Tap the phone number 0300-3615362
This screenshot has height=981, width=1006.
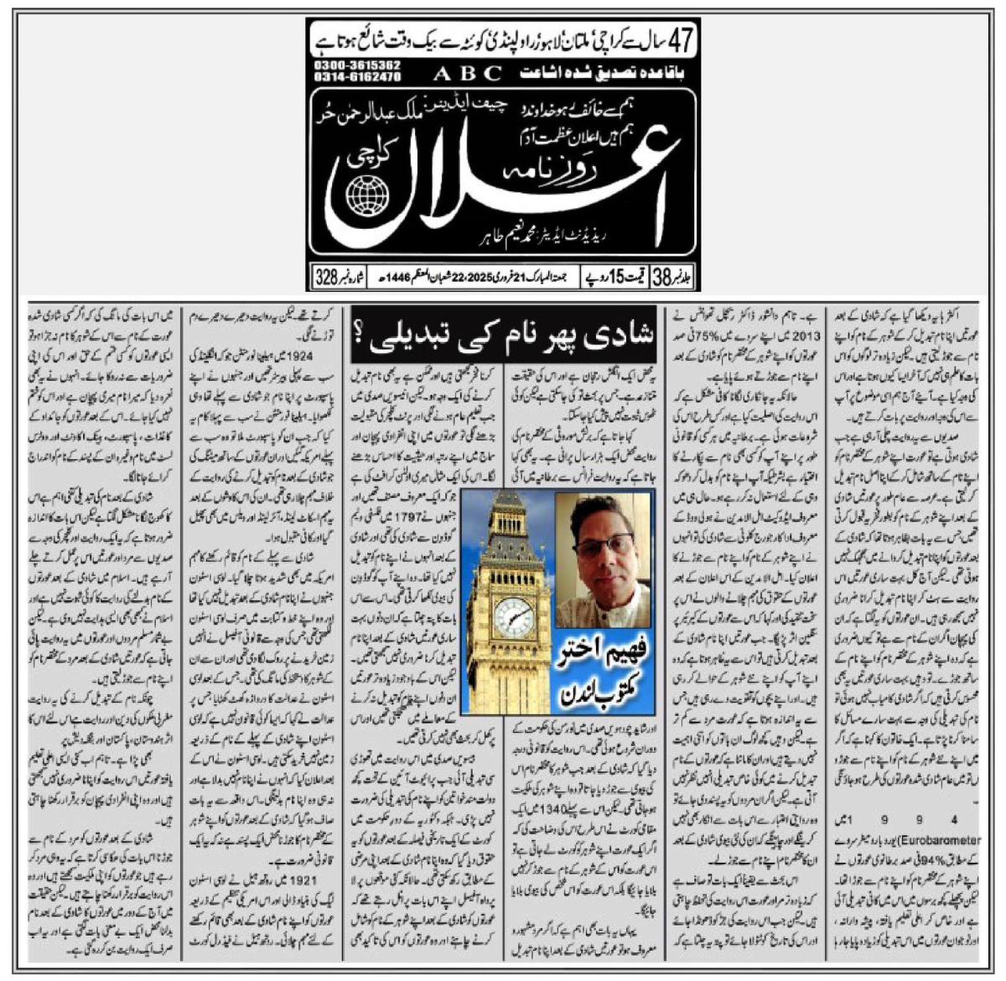coord(359,65)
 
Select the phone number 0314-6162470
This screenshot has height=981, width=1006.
coord(359,76)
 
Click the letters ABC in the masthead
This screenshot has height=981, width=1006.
coord(468,73)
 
